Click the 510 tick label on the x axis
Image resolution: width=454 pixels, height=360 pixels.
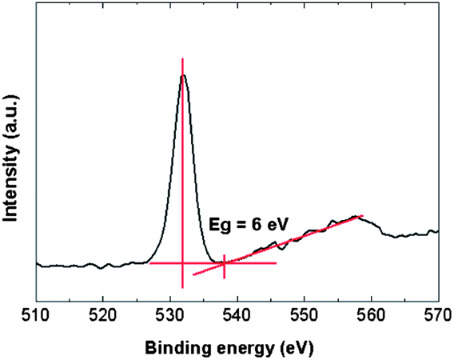pyautogui.click(x=37, y=315)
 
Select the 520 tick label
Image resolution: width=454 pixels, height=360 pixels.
pyautogui.click(x=103, y=315)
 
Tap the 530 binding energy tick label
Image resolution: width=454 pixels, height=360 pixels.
pyautogui.click(x=170, y=315)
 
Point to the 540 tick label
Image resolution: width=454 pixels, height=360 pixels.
pyautogui.click(x=237, y=315)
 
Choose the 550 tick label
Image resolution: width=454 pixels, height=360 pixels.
pyautogui.click(x=305, y=315)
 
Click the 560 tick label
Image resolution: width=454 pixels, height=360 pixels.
pyautogui.click(x=372, y=315)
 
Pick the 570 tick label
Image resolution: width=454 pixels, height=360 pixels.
pyautogui.click(x=438, y=315)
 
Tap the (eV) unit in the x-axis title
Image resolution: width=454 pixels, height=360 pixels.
pyautogui.click(x=297, y=349)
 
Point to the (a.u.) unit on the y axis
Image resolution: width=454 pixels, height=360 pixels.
pyautogui.click(x=11, y=116)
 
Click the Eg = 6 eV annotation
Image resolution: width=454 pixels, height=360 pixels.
pyautogui.click(x=249, y=225)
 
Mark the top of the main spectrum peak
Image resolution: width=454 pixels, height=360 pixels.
pyautogui.click(x=183, y=75)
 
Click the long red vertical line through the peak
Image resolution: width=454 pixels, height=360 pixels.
pyautogui.click(x=182, y=174)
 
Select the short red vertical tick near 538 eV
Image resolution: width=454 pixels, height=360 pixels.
pyautogui.click(x=225, y=266)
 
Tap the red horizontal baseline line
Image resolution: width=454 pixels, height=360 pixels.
pyautogui.click(x=213, y=263)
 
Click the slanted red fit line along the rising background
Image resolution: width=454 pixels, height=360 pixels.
pyautogui.click(x=278, y=246)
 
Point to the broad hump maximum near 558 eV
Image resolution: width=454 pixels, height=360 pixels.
pyautogui.click(x=356, y=216)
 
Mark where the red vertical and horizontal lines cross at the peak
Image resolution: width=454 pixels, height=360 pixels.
pyautogui.click(x=182, y=263)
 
